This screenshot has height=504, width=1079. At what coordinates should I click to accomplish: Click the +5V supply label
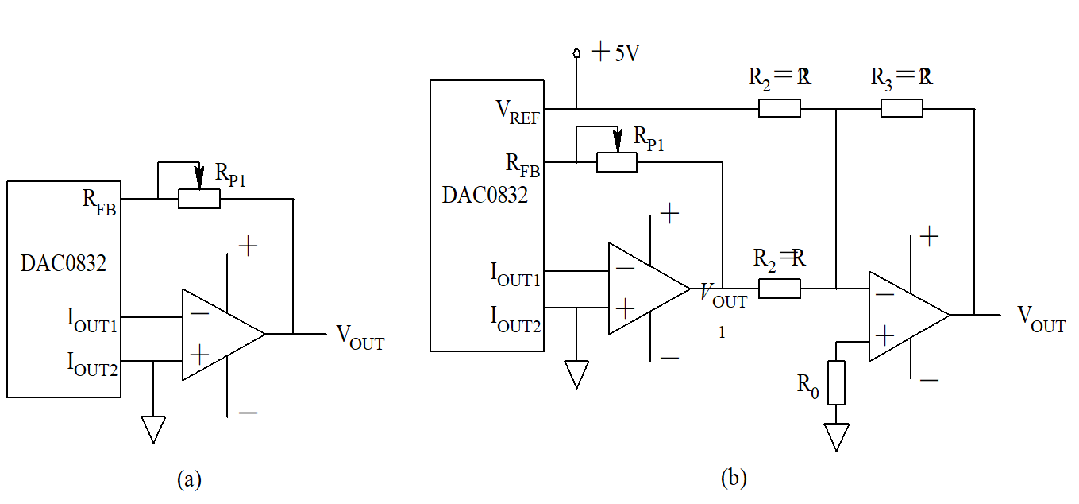click(616, 53)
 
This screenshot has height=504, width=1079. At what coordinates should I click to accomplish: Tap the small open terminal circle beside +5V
click(577, 53)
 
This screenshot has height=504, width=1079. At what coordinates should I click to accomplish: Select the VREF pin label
click(518, 113)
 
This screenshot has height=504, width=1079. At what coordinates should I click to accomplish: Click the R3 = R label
click(901, 77)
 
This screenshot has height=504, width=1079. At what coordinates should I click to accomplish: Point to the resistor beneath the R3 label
click(901, 108)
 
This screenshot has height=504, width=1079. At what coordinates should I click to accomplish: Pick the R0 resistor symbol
click(836, 382)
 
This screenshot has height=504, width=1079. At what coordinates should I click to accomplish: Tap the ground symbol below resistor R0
click(836, 436)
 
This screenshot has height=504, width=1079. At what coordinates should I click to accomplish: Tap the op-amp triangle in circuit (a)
click(218, 334)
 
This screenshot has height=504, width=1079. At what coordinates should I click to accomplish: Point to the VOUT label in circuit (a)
click(360, 337)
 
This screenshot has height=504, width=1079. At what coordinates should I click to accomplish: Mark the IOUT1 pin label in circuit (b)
click(515, 274)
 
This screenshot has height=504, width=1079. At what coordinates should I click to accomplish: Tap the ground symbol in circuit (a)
click(152, 429)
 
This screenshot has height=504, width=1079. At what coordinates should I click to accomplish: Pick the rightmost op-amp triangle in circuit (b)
click(904, 316)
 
